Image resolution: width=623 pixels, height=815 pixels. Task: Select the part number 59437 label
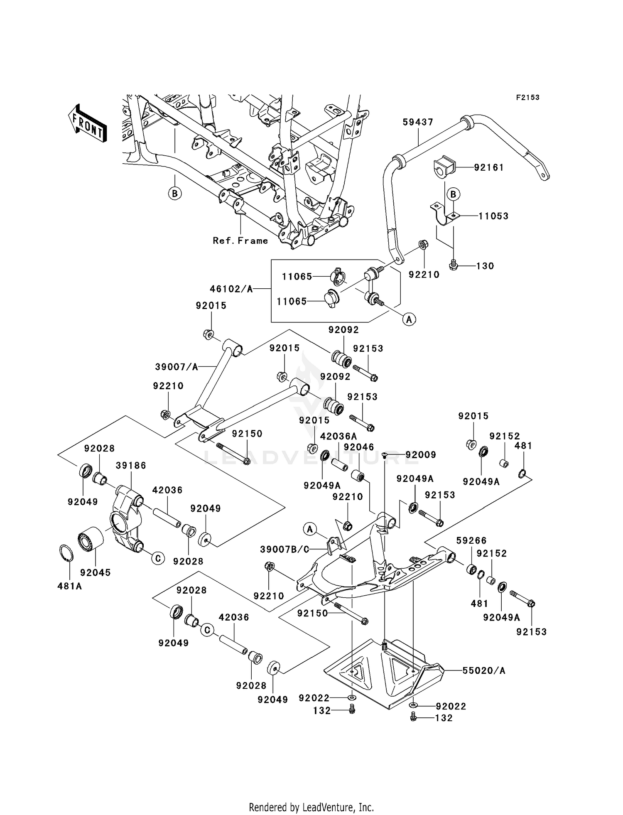418,122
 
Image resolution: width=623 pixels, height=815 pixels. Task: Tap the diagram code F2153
527,98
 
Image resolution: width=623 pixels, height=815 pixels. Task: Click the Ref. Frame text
240,241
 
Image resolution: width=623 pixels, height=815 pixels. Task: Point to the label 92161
489,167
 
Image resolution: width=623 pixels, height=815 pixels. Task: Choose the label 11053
493,216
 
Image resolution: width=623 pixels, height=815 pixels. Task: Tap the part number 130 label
485,266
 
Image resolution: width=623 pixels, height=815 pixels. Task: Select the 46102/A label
231,289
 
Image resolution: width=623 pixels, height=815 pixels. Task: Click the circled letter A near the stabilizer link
409,319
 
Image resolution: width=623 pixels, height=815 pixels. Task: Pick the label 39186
131,465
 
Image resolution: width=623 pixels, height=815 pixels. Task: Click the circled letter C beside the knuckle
158,558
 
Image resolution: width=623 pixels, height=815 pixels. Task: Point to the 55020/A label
484,670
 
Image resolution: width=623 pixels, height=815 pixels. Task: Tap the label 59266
471,540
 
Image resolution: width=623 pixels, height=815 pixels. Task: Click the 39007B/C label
285,549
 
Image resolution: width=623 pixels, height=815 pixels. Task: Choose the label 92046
359,447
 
